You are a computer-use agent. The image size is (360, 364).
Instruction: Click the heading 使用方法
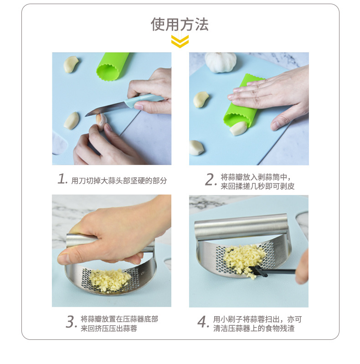pos(180,24)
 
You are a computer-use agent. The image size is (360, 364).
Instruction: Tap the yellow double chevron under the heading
pos(180,41)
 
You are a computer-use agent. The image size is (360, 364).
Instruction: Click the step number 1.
pos(62,179)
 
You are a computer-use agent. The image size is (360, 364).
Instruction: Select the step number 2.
pos(210,179)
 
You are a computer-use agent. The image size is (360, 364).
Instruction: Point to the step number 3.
pos(71,322)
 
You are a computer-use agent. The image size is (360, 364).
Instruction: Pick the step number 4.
pos(203,322)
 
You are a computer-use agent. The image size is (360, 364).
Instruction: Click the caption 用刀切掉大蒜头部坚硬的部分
pos(119,180)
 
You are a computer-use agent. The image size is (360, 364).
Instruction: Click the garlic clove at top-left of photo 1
pos(71,64)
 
